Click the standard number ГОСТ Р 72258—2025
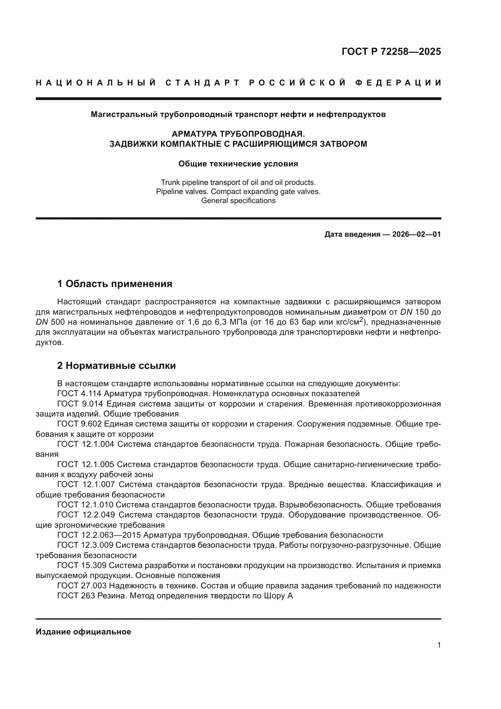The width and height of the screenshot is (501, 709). pos(391,52)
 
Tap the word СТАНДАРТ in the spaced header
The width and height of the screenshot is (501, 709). pos(203,83)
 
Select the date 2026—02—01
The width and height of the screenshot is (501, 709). pos(416,234)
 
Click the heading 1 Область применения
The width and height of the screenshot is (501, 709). pos(115,283)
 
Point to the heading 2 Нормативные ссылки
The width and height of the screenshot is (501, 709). pos(117,366)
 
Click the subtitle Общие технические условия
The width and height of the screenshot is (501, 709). pos(238,164)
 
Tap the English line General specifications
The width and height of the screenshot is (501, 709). pos(238,201)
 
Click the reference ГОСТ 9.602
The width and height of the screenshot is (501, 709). pos(80,424)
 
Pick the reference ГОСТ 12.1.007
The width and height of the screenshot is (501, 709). pos(86,484)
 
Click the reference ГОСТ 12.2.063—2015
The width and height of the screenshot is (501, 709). pos(99,535)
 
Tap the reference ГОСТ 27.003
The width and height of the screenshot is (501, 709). pos(82,586)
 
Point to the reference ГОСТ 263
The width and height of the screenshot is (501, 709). pos(76,596)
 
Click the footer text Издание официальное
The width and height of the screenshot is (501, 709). pos(83,632)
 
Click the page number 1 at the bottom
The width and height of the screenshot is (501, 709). pos(439,645)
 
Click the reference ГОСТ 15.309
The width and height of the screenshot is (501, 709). pos(82,565)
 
